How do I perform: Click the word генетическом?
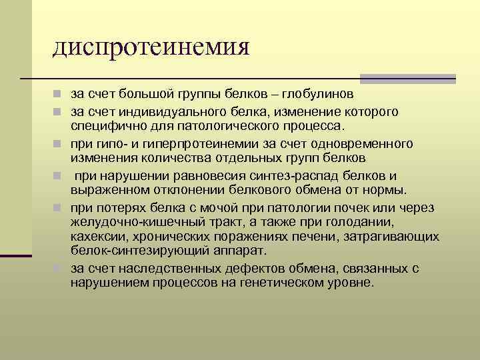[x=276, y=283]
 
